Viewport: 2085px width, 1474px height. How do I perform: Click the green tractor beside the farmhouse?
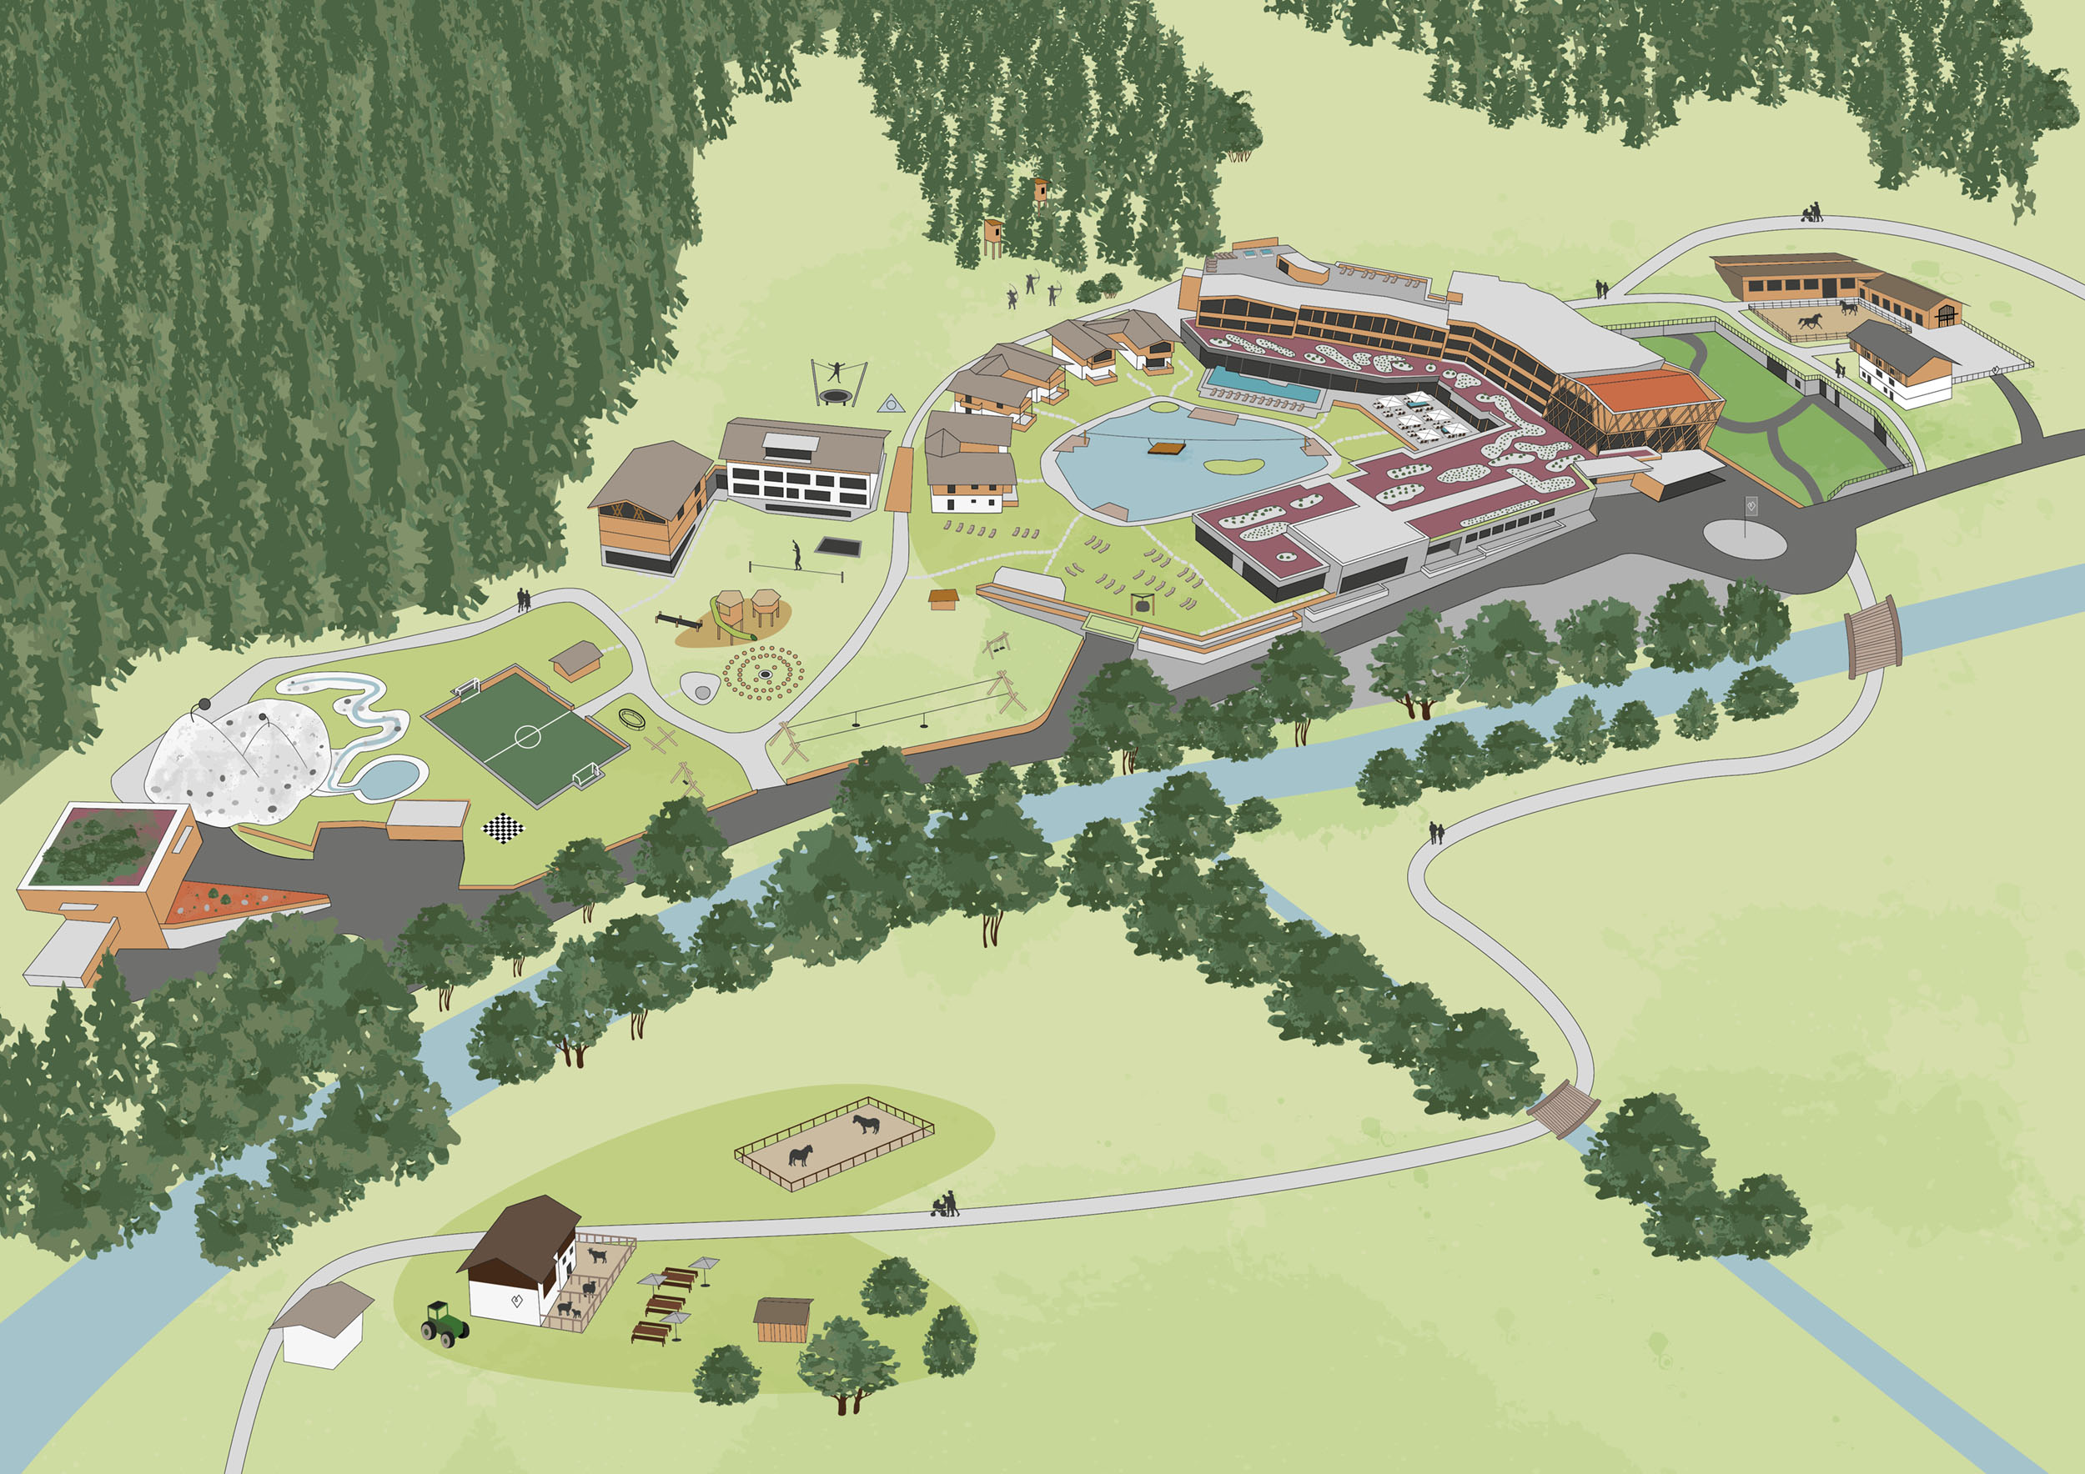pyautogui.click(x=444, y=1324)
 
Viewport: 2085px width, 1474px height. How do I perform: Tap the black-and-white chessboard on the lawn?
pyautogui.click(x=502, y=828)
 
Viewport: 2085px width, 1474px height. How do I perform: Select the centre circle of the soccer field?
pyautogui.click(x=528, y=736)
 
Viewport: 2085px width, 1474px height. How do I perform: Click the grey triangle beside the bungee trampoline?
pyautogui.click(x=892, y=403)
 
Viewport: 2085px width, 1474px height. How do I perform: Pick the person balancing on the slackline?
pyautogui.click(x=796, y=554)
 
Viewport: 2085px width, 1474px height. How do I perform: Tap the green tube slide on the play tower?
pyautogui.click(x=723, y=617)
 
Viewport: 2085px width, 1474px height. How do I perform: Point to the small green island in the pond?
pyautogui.click(x=1233, y=465)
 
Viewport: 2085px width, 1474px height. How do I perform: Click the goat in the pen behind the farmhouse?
pyautogui.click(x=597, y=1256)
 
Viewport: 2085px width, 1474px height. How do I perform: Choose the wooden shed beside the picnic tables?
pyautogui.click(x=782, y=1320)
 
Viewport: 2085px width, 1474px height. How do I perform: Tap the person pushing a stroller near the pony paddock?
pyautogui.click(x=947, y=1205)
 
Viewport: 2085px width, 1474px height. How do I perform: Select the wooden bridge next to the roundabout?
pyautogui.click(x=1872, y=635)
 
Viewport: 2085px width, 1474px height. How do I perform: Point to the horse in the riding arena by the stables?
pyautogui.click(x=1810, y=319)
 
